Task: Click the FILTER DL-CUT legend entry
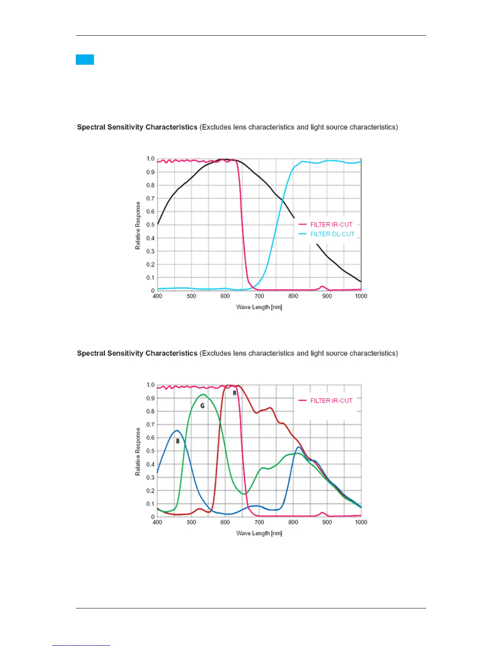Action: point(332,234)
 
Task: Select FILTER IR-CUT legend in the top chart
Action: point(331,225)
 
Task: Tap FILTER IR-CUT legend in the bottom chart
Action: point(331,401)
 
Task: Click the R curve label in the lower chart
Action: point(235,393)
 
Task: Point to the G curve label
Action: point(202,406)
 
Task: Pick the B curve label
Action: point(178,441)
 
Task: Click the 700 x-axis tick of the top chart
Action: point(259,296)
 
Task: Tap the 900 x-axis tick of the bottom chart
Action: point(327,522)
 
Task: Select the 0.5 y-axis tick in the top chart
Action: point(151,225)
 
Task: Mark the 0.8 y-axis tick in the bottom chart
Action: point(151,411)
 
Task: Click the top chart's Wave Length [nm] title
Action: point(259,307)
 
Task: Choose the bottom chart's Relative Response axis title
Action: point(138,452)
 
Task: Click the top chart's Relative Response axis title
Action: point(138,225)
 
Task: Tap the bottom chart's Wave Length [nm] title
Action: point(259,533)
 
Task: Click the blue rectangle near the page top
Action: point(85,60)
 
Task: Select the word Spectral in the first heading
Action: point(91,127)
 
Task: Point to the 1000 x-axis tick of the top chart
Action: point(361,296)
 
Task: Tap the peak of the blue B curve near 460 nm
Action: point(177,431)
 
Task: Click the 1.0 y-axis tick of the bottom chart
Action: point(151,385)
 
